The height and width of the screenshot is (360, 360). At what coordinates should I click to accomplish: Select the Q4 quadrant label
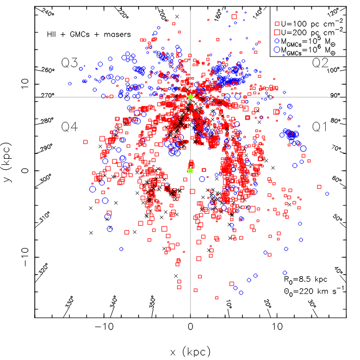click(x=71, y=127)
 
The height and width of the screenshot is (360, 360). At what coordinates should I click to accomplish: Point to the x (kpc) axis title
click(x=190, y=352)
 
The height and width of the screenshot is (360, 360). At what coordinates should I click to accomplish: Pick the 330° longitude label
click(x=70, y=303)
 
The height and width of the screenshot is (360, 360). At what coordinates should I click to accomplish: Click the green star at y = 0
click(x=190, y=170)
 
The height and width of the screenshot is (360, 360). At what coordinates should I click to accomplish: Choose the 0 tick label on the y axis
click(x=24, y=171)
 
